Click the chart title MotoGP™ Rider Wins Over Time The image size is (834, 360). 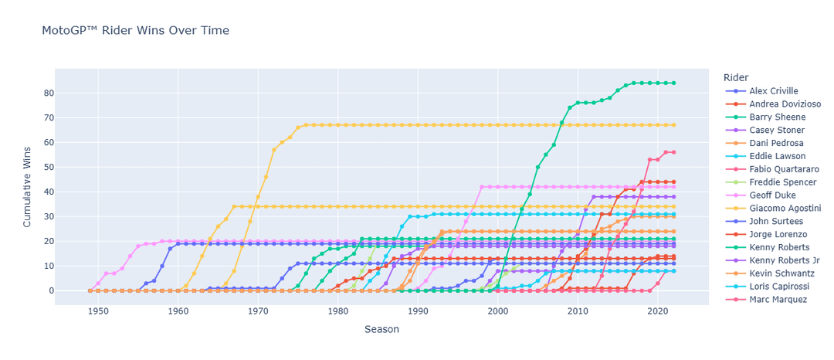[135, 30]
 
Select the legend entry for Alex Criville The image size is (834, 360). [768, 91]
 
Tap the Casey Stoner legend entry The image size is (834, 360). [768, 131]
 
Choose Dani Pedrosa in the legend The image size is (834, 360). [769, 143]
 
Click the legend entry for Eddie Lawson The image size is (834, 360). [769, 156]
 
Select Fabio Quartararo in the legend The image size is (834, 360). [776, 169]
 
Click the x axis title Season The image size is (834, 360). [382, 329]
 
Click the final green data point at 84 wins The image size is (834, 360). [673, 83]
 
